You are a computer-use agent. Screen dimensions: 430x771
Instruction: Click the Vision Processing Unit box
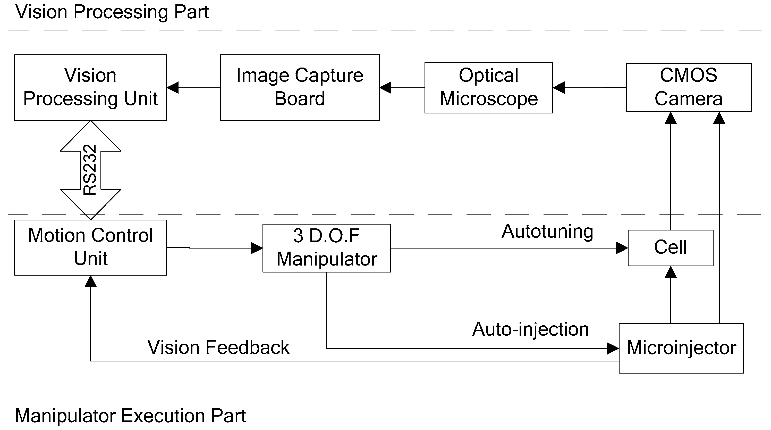pyautogui.click(x=90, y=87)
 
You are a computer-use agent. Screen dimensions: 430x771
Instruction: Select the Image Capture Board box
pyautogui.click(x=300, y=87)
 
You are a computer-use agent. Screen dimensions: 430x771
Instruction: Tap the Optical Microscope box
pyautogui.click(x=488, y=87)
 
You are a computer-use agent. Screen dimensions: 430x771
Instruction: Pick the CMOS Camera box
pyautogui.click(x=688, y=87)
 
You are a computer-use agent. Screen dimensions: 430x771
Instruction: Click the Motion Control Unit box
pyautogui.click(x=90, y=247)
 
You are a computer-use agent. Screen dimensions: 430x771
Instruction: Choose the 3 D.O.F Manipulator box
pyautogui.click(x=327, y=248)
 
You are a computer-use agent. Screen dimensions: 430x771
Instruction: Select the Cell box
pyautogui.click(x=671, y=248)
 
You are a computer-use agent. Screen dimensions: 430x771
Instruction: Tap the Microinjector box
pyautogui.click(x=681, y=348)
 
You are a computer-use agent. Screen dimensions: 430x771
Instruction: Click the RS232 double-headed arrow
pyautogui.click(x=90, y=170)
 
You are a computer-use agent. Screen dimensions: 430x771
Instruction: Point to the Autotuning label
pyautogui.click(x=547, y=232)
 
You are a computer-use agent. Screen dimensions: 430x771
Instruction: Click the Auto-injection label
pyautogui.click(x=530, y=329)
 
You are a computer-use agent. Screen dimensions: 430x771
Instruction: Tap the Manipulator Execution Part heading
pyautogui.click(x=130, y=416)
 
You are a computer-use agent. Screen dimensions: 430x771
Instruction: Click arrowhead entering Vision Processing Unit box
pyautogui.click(x=173, y=88)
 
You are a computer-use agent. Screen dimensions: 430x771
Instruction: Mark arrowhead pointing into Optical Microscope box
pyautogui.click(x=559, y=88)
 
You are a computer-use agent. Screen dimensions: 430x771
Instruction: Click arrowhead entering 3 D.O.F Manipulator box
pyautogui.click(x=257, y=248)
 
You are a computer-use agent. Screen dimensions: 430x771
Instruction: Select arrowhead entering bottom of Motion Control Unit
pyautogui.click(x=90, y=282)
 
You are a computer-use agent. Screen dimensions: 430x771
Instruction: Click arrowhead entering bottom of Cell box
pyautogui.click(x=671, y=272)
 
